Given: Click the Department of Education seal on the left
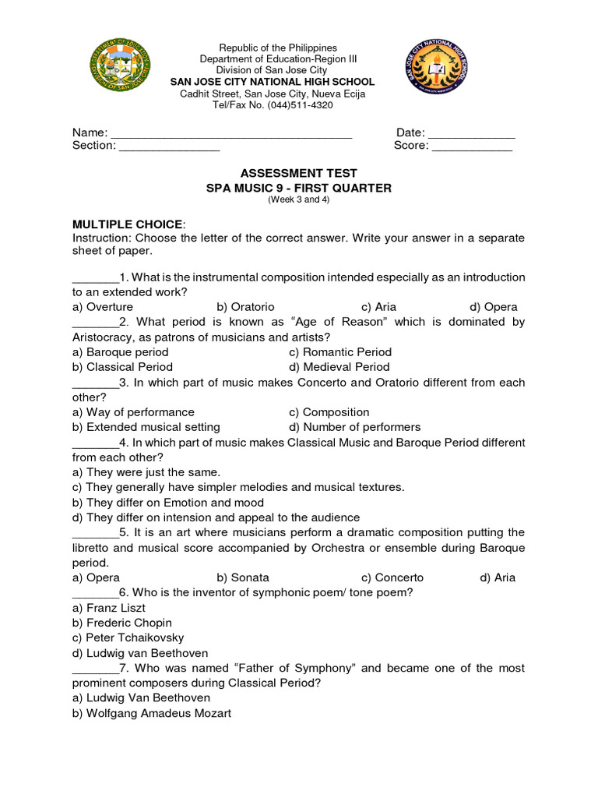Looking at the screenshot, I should [119, 67].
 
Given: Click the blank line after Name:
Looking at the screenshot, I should [232, 134].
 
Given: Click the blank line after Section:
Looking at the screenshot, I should [169, 147].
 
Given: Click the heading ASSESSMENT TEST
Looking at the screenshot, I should [299, 173].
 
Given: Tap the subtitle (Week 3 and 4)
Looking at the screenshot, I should [299, 199].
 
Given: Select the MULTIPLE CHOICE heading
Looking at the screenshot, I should [128, 224].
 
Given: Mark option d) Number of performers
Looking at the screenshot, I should [354, 427].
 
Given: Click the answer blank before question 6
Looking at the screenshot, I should [95, 593].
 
